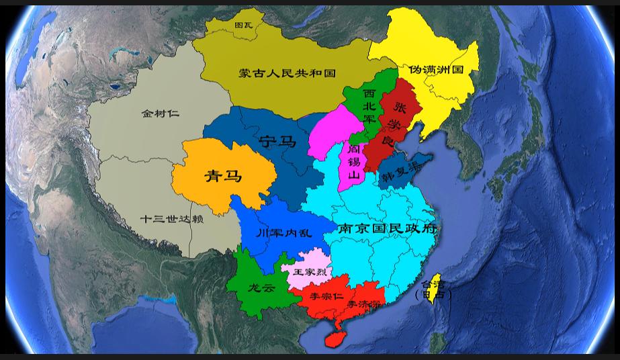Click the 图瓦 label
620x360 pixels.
click(x=243, y=26)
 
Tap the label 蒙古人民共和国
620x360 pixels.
click(x=287, y=73)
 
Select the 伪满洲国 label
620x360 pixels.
click(x=436, y=69)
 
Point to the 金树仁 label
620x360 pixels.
click(x=160, y=114)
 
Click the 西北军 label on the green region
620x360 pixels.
click(x=369, y=105)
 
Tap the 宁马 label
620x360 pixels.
click(x=277, y=141)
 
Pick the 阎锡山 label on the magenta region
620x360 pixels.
click(x=353, y=162)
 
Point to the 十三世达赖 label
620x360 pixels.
click(x=171, y=219)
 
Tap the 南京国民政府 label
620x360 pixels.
click(x=388, y=228)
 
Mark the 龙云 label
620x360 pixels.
click(x=261, y=288)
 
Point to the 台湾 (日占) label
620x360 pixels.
click(x=433, y=289)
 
